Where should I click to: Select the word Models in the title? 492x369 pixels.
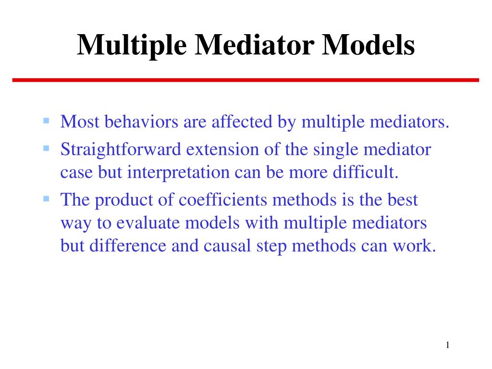click(369, 45)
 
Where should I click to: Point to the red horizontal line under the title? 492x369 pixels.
click(246, 80)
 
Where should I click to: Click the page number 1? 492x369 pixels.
click(447, 344)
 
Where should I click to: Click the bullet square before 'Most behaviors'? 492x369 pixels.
click(46, 120)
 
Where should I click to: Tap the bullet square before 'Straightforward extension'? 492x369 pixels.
click(46, 148)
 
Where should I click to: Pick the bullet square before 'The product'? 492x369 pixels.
click(46, 198)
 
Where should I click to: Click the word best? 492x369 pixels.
click(402, 200)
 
